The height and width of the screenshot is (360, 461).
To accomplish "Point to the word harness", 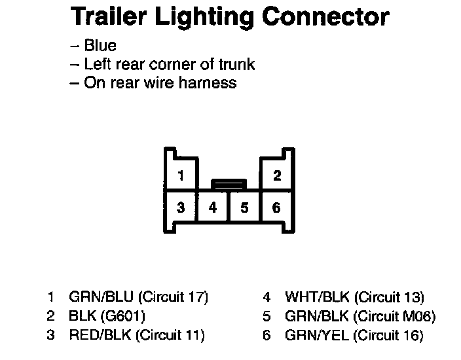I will (x=209, y=83).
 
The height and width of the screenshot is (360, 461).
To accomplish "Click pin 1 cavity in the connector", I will (x=181, y=175).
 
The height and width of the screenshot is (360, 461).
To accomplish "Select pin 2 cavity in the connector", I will (x=276, y=175).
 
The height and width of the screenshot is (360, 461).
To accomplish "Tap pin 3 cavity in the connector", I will (x=181, y=208).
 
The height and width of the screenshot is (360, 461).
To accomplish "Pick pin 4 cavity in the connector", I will (x=213, y=208).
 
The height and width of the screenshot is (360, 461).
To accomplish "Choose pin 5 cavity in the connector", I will (x=244, y=208).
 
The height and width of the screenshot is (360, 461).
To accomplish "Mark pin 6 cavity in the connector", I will (x=276, y=208).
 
